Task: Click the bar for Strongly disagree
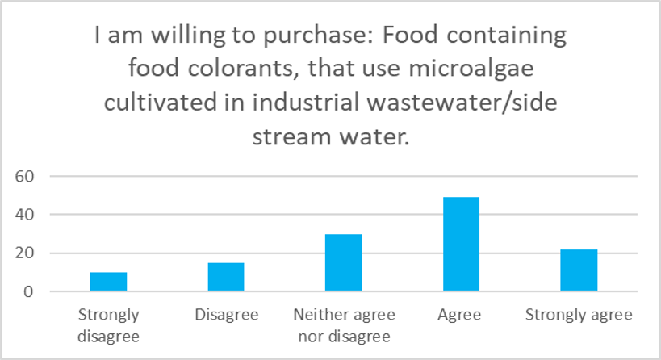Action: tap(108, 282)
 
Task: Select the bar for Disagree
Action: tap(226, 277)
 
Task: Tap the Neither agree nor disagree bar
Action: tap(344, 262)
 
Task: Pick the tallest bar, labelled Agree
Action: tap(461, 244)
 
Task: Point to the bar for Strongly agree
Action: tap(579, 270)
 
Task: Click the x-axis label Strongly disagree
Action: tap(108, 324)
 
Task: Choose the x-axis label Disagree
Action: tap(226, 315)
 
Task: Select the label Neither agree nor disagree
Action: tap(344, 324)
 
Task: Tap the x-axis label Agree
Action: tap(461, 315)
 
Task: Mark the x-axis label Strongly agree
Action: tap(579, 315)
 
